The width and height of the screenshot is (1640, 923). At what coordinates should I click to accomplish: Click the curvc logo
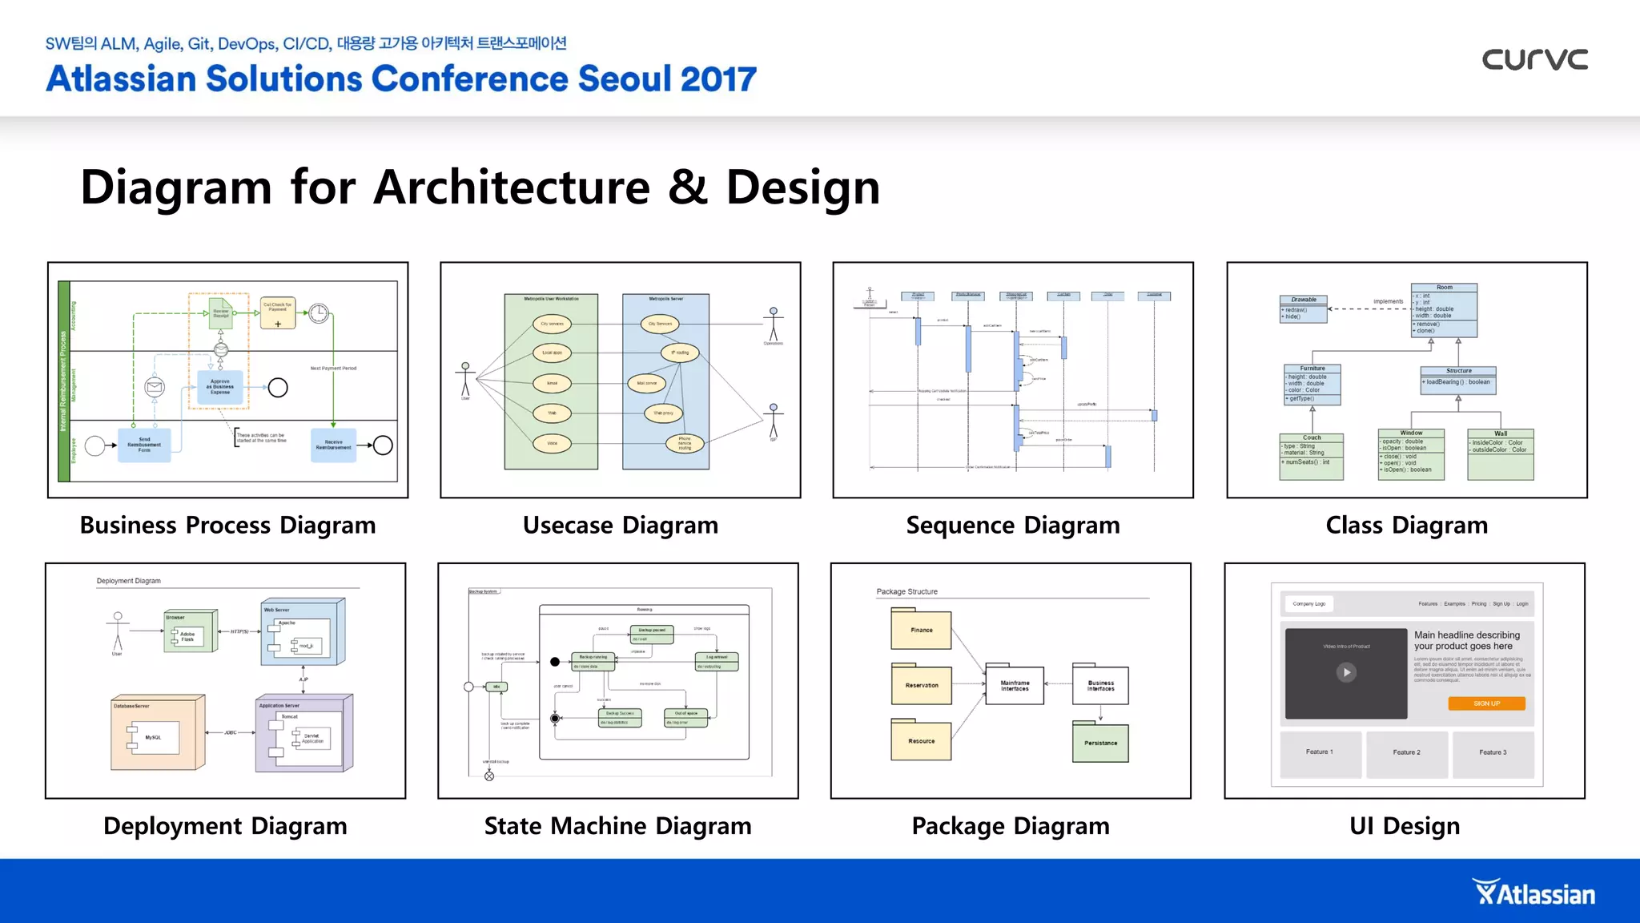1534,59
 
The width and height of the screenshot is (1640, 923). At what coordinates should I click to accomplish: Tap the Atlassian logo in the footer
1533,893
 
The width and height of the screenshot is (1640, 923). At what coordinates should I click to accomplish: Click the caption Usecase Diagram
620,526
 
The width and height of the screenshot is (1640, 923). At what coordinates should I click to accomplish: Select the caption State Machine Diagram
617,826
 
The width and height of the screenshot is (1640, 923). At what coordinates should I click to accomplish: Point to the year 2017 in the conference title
718,79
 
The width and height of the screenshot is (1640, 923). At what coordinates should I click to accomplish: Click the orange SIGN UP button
1486,703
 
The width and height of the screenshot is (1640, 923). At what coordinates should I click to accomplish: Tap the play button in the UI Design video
1346,672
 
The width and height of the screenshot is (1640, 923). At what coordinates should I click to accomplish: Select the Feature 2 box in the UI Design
1406,753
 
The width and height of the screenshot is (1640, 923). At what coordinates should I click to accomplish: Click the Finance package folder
921,630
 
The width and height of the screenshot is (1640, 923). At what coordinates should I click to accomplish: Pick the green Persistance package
1100,743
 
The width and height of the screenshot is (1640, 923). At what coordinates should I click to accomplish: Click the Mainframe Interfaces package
1015,686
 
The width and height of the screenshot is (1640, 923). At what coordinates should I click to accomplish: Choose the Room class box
1444,311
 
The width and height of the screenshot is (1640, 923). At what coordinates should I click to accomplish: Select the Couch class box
1312,457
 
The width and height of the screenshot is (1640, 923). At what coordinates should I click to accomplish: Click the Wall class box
1500,455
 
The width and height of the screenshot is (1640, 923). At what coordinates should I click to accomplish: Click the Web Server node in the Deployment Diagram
303,633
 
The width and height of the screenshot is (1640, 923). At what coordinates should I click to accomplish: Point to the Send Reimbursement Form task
144,445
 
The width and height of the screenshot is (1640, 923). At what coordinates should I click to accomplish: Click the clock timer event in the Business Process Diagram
319,313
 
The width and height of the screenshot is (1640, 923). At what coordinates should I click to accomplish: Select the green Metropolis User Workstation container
551,381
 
